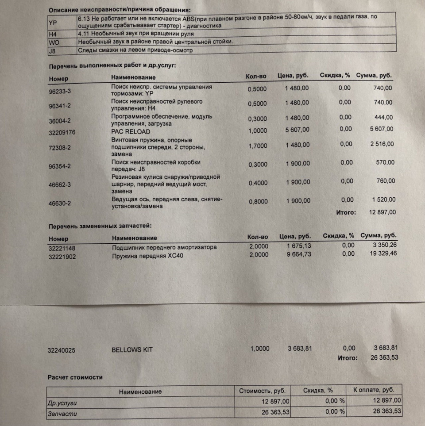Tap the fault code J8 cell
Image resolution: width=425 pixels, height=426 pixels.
tap(52, 50)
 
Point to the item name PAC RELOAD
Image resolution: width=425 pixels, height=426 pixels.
tap(131, 131)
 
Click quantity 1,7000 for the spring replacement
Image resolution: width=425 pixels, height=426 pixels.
tap(257, 146)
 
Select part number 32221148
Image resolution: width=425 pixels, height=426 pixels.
tap(62, 248)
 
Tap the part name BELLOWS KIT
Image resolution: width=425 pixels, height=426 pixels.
tap(132, 350)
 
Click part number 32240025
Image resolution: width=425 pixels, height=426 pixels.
tap(62, 350)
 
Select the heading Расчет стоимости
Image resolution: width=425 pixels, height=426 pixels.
tap(75, 377)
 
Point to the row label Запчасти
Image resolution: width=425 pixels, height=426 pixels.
tap(62, 414)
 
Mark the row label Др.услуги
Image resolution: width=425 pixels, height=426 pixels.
tap(65, 403)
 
